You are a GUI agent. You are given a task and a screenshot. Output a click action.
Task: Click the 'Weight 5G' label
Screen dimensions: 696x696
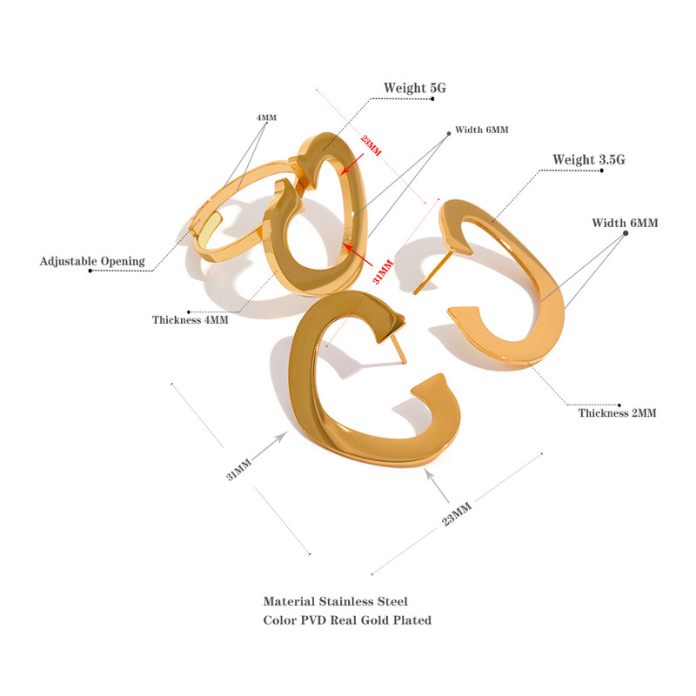[415, 88]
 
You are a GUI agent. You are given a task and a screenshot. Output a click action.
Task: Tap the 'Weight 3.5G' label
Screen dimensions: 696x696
[589, 159]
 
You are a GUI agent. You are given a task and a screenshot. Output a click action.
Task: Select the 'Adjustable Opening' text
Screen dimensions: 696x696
[92, 261]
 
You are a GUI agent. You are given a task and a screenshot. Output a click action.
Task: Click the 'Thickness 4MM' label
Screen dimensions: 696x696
[190, 319]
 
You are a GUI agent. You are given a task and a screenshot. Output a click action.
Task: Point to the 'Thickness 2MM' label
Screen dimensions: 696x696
[617, 412]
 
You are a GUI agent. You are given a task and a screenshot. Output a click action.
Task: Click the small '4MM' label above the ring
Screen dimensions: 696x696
[266, 117]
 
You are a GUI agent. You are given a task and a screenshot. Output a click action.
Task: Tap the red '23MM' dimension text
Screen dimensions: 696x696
[371, 145]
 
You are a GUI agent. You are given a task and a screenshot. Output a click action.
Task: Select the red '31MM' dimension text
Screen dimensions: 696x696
[383, 271]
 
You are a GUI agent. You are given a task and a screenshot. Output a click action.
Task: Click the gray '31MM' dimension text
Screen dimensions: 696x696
[238, 469]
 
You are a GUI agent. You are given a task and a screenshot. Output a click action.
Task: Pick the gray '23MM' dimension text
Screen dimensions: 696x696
[456, 513]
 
